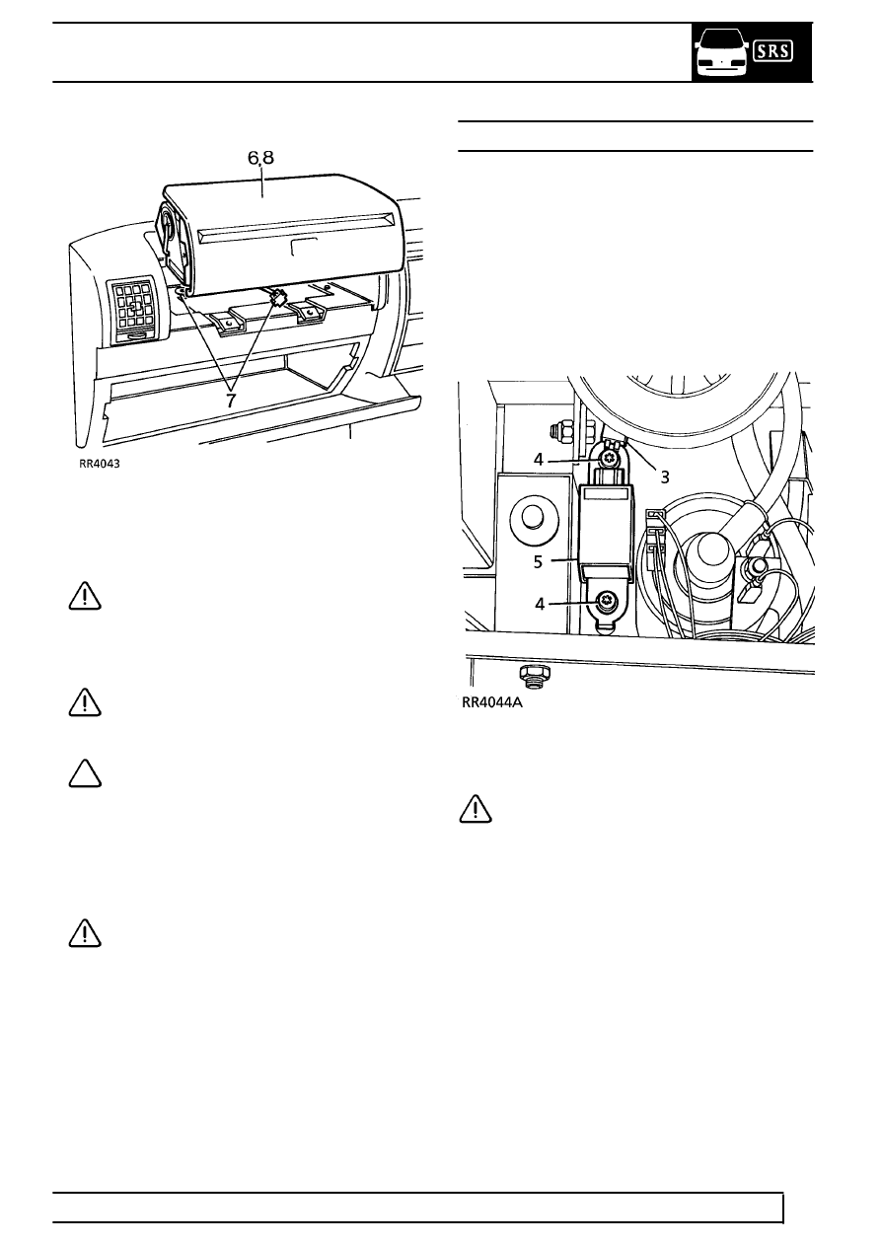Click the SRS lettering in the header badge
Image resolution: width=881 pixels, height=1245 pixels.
[772, 51]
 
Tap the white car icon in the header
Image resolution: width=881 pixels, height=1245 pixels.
[721, 54]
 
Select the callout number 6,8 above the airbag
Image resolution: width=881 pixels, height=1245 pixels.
[260, 159]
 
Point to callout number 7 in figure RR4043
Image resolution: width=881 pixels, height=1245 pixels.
[231, 400]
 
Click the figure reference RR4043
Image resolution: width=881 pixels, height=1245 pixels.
[100, 464]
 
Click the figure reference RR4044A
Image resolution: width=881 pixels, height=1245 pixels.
[492, 702]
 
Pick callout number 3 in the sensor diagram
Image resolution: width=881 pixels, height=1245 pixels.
[664, 476]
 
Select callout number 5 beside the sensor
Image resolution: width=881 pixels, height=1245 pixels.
[538, 562]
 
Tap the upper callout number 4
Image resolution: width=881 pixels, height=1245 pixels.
[538, 459]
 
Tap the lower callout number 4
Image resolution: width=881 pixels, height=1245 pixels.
[540, 604]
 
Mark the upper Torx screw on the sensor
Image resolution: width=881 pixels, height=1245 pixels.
[608, 459]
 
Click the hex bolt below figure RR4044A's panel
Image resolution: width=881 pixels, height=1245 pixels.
[534, 676]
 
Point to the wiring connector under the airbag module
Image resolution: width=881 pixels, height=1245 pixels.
[277, 298]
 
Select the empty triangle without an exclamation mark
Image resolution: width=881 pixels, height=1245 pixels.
[85, 773]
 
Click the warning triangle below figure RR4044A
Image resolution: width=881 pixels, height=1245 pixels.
[476, 809]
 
